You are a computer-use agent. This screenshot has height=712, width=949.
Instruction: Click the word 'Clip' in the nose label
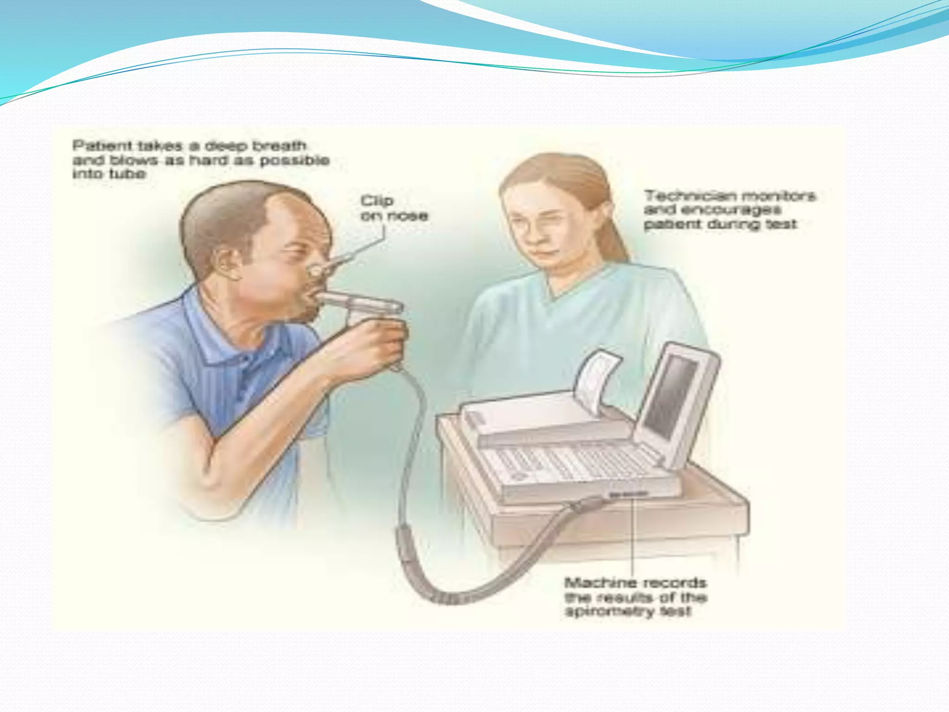(x=377, y=201)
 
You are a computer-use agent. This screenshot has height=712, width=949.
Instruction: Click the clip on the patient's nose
(x=316, y=269)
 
